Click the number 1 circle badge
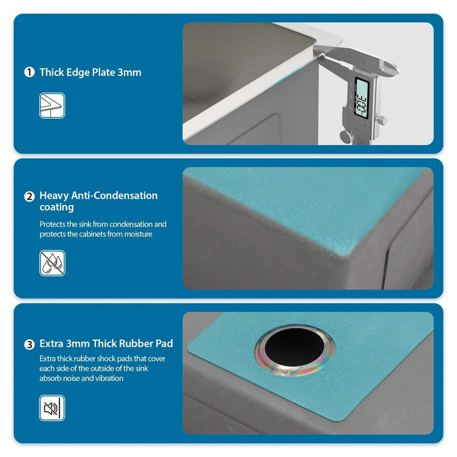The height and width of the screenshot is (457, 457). [29, 72]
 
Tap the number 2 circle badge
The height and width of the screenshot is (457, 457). [29, 196]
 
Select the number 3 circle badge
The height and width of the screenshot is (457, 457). [29, 343]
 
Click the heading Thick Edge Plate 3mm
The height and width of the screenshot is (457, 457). [90, 72]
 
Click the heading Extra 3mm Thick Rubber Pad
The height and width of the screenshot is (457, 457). [106, 343]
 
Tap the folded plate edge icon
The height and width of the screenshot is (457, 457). [52, 105]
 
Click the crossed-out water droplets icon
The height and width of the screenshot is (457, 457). [52, 263]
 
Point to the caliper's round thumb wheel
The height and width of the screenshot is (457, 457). [345, 135]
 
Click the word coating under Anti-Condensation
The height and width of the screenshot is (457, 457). [56, 208]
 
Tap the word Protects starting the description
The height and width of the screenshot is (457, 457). [54, 224]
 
